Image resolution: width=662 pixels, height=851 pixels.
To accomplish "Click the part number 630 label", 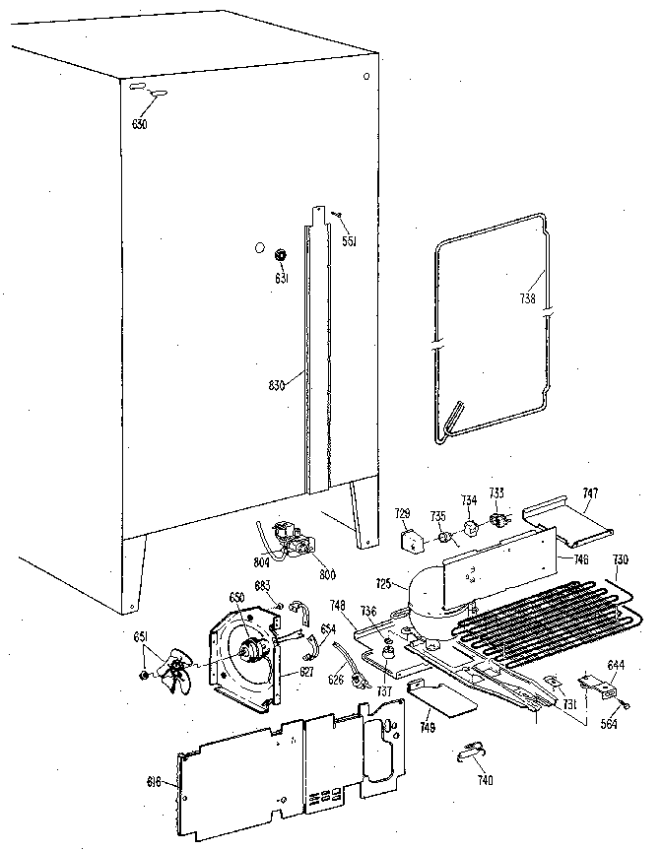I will point(140,123).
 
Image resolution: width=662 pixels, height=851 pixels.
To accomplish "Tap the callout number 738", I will point(528,300).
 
